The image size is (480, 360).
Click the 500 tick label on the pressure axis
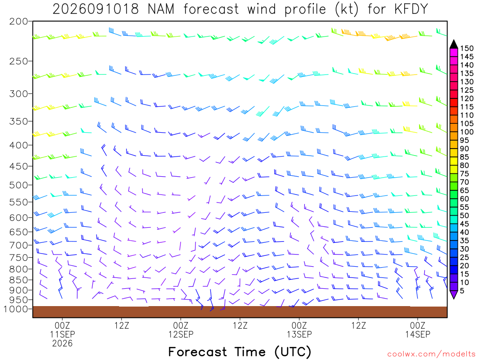point(18,185)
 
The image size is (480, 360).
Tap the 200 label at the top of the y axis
point(18,22)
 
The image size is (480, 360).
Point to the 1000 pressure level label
point(15,309)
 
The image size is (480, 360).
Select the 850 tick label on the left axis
point(18,280)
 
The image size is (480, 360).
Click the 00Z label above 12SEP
point(180,325)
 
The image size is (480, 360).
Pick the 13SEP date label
point(299,334)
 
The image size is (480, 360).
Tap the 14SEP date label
point(418,334)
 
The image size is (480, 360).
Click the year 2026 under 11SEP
point(62,344)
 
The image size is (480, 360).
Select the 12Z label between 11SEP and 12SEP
point(122,325)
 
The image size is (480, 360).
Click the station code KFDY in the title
point(411,9)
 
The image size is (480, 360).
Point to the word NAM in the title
point(161,9)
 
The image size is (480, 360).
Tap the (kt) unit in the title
point(347,9)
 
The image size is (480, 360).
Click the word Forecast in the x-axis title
point(197,352)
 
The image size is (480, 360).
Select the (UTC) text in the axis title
point(293,352)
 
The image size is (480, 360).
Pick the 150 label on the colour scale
point(467,48)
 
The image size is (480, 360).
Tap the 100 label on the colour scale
point(467,132)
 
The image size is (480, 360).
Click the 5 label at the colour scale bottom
point(462,291)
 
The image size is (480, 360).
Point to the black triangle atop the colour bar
point(454,45)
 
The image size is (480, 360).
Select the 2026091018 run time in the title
point(96,9)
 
